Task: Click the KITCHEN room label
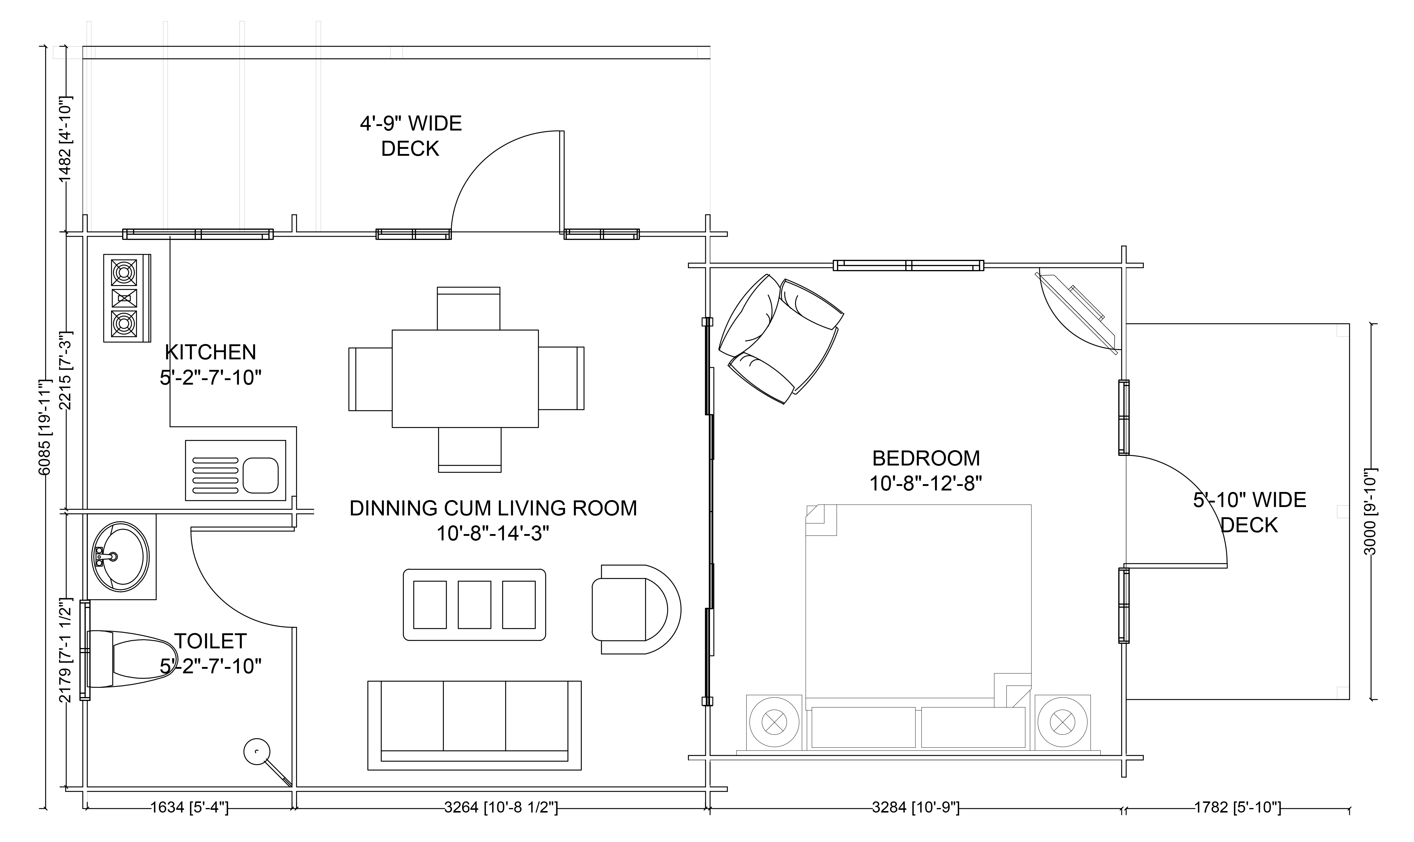coord(211,365)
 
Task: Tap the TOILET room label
coord(211,654)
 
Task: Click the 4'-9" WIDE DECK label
coord(411,136)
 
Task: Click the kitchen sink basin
coord(261,475)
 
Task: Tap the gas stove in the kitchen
coord(127,298)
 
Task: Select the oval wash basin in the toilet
coord(120,557)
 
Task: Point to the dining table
coord(465,378)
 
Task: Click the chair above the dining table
coord(468,308)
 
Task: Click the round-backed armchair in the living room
coord(636,609)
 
